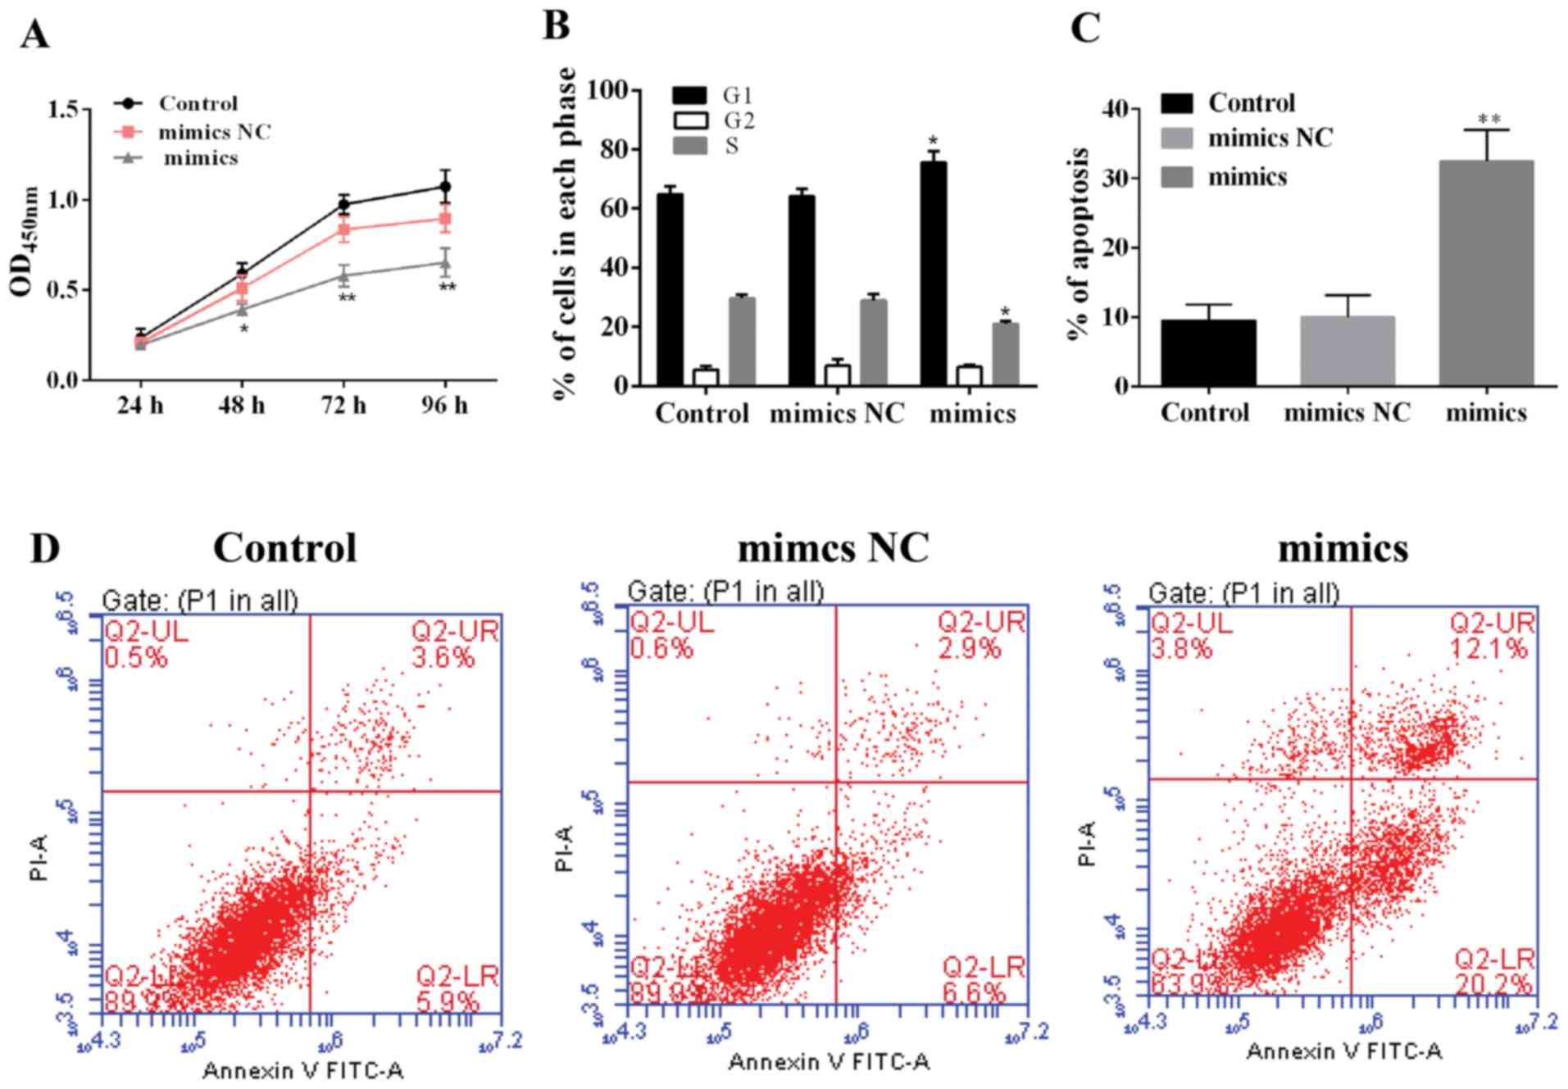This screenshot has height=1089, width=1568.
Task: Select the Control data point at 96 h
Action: click(x=445, y=187)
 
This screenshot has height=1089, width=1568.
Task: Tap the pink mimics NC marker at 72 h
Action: click(x=344, y=230)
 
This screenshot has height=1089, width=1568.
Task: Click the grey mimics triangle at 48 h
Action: click(x=243, y=309)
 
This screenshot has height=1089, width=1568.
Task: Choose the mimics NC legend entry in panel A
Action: click(x=214, y=131)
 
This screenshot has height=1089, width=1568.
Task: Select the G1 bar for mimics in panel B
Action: click(x=933, y=274)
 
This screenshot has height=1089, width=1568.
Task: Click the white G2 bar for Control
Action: click(x=705, y=377)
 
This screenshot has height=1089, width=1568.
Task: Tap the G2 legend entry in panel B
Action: click(x=738, y=120)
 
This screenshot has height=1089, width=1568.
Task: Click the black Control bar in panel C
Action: click(x=1208, y=352)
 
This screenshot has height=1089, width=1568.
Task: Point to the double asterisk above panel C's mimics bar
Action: click(x=1488, y=120)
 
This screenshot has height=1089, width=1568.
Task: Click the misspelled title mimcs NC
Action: click(x=833, y=548)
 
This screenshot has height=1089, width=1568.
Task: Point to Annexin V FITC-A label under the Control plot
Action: click(x=302, y=1070)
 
